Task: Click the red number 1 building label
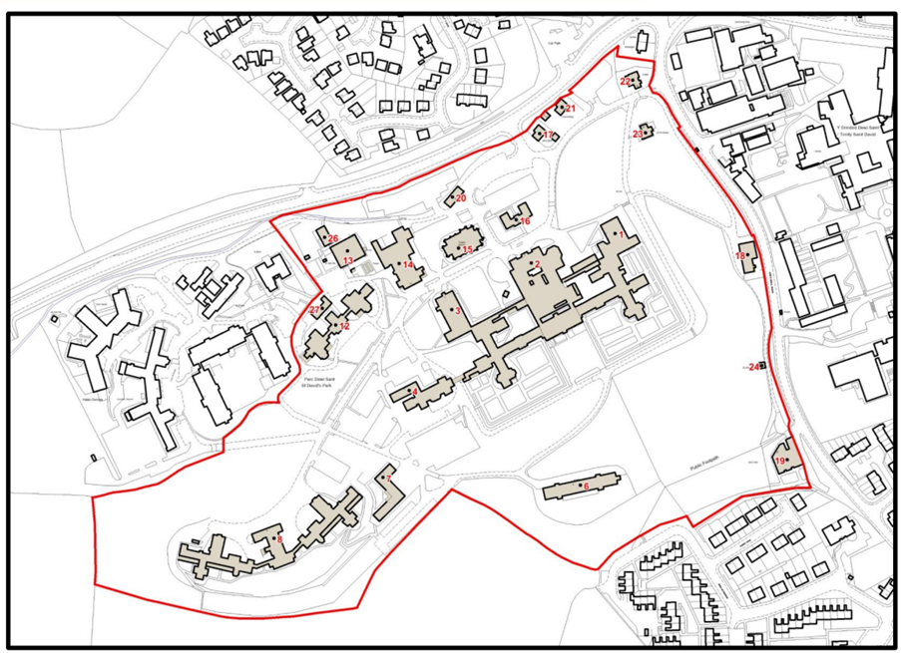point(621,234)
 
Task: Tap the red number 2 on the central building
point(539,263)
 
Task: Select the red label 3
point(458,311)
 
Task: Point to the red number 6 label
point(586,486)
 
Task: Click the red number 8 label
point(280,540)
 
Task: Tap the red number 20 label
point(461,198)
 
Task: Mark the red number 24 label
point(752,367)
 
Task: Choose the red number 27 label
point(314,310)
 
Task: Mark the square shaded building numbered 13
point(335,254)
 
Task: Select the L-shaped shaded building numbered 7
point(386,494)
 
